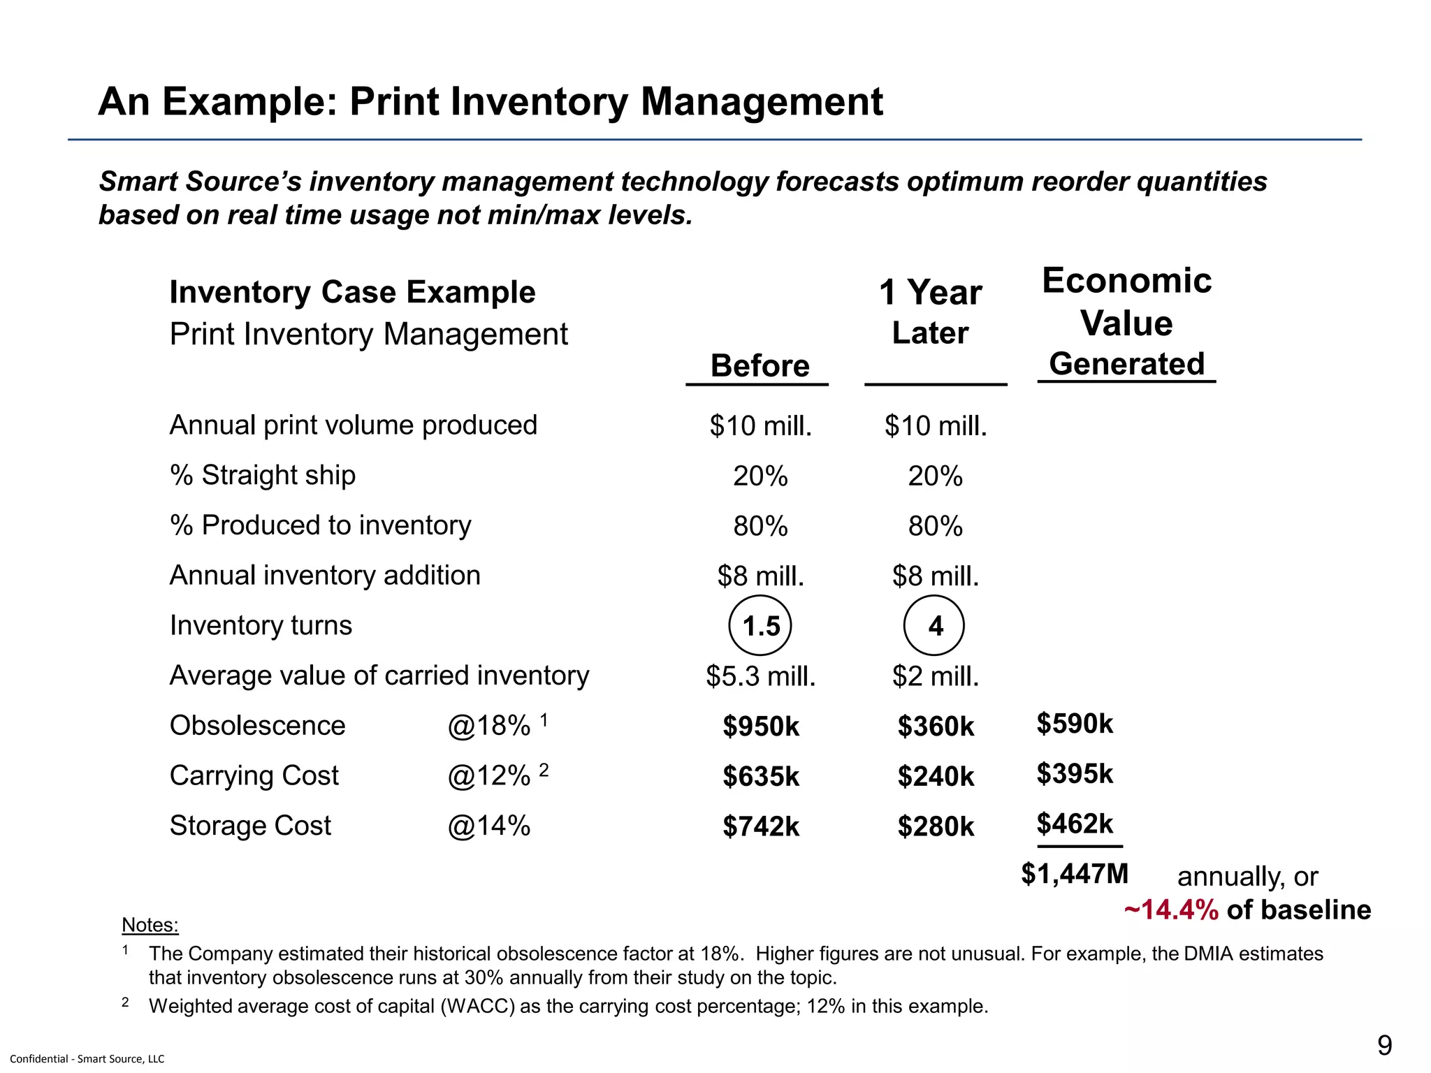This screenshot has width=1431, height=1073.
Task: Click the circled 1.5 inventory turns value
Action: tap(760, 626)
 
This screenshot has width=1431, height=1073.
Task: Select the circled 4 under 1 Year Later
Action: tap(934, 626)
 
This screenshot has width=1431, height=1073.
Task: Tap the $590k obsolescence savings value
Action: tap(1075, 724)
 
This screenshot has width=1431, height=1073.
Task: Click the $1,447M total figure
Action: tap(1075, 874)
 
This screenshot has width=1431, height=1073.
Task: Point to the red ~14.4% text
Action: tap(1171, 910)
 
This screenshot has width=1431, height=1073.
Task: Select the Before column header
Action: tap(760, 366)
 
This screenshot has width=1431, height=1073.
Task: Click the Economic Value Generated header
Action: tap(1126, 322)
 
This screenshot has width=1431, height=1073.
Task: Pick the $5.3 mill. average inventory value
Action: tap(760, 676)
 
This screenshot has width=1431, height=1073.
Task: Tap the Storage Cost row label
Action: tap(250, 826)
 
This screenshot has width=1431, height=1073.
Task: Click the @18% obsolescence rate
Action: tap(489, 726)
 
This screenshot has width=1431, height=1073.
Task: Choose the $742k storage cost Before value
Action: tap(760, 827)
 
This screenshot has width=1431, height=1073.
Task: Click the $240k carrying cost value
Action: tap(935, 777)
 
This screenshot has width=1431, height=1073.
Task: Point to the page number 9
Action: tap(1383, 1046)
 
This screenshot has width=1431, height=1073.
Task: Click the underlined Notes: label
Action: tap(150, 925)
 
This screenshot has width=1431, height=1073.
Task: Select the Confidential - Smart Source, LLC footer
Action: tap(87, 1059)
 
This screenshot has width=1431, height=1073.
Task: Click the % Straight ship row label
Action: tap(263, 475)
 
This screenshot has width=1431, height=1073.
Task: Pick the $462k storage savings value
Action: tap(1075, 824)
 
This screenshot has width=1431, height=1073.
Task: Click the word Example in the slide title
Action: tap(251, 102)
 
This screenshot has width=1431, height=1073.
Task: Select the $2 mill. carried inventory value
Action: tap(935, 676)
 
